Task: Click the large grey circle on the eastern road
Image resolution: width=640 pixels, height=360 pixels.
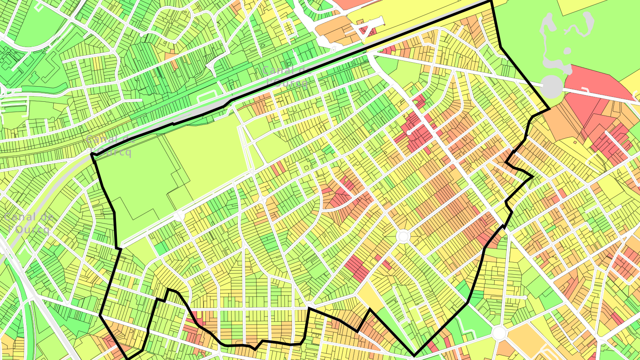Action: (x=552, y=87)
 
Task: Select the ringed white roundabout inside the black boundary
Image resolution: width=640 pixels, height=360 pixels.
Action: (x=403, y=236)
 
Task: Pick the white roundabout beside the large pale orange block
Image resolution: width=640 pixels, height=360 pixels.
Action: (x=499, y=333)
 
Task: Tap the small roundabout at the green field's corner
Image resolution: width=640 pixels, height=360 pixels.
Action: (x=179, y=216)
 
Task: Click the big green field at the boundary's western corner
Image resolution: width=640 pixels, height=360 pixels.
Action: (x=133, y=178)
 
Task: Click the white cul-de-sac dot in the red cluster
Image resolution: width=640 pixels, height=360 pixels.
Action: (x=409, y=132)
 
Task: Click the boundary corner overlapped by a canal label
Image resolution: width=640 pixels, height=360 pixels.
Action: (x=92, y=154)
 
